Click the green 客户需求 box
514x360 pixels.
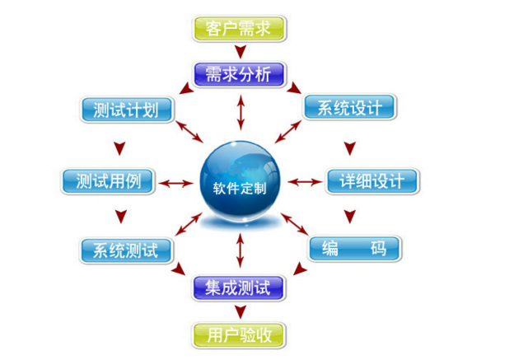(239, 29)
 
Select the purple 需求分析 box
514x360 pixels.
(239, 74)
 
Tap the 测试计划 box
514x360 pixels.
(127, 110)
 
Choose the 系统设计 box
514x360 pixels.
(350, 107)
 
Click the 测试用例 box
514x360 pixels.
(108, 181)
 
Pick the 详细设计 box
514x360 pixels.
(372, 181)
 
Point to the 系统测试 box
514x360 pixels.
(126, 250)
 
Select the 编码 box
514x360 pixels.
(355, 249)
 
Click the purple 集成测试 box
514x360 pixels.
(238, 288)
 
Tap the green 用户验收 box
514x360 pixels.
(238, 335)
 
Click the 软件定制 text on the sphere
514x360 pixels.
(240, 189)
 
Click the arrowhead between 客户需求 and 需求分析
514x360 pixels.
(241, 51)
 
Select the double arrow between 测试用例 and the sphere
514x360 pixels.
(176, 183)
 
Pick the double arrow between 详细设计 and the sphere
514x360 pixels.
(305, 182)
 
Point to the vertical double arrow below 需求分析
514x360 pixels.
(241, 113)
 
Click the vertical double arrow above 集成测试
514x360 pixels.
(241, 250)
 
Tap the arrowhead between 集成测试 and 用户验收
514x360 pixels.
(241, 311)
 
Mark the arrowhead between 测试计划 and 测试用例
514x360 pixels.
(119, 148)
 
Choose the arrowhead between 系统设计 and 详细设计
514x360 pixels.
(350, 148)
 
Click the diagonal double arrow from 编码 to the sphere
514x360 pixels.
(294, 224)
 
